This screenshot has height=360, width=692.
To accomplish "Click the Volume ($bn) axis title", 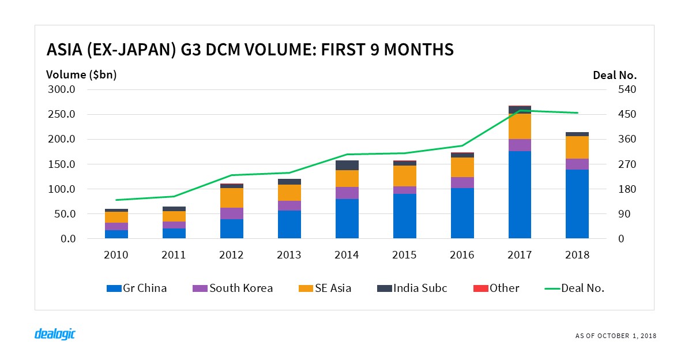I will [81, 75].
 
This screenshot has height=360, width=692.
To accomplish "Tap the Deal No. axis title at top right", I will [614, 75].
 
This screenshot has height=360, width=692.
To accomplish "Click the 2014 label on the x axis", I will [347, 255].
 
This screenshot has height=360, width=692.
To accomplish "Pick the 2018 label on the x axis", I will [577, 255].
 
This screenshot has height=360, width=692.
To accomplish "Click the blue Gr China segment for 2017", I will [520, 194].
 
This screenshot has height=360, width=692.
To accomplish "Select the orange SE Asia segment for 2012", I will [232, 198].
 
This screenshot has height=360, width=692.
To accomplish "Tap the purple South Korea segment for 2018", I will [577, 164].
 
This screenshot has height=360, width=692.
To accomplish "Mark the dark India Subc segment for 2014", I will [347, 165].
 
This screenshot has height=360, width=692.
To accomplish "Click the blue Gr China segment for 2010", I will [116, 234].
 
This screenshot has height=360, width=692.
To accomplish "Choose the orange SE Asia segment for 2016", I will [462, 167].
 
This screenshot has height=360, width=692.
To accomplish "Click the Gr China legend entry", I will [137, 288].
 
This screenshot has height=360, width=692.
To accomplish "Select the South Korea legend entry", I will [233, 288].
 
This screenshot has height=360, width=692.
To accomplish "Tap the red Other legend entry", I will [496, 288].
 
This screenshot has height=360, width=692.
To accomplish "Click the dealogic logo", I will [55, 334].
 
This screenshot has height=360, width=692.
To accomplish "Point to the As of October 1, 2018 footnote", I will [615, 336].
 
